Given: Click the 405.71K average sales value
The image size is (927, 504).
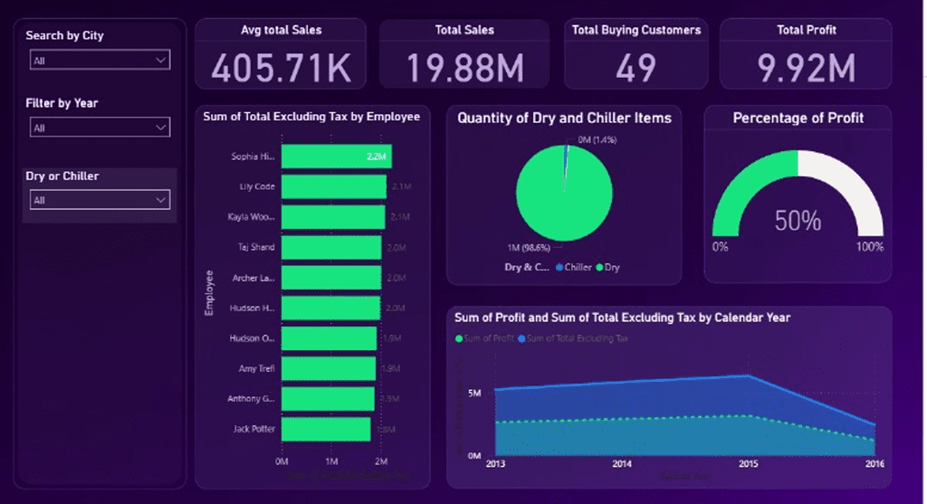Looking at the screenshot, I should pos(280,68).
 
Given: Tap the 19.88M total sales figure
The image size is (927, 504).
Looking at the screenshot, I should pos(463,68).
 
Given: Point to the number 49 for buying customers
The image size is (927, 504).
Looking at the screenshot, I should pos(636,68).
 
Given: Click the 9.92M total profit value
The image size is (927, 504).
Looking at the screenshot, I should pos(806,68).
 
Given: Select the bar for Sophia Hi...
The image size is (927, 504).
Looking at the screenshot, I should pos(336,157).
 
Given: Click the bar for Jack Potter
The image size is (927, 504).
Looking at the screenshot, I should pos(326,429).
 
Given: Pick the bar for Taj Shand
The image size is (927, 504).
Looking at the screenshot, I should pos(331,247).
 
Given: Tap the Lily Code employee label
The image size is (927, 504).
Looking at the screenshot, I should pos(257,187).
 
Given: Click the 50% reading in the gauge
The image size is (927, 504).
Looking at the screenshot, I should pos(798,221).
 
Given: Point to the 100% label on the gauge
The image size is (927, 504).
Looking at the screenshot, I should pos(869,247).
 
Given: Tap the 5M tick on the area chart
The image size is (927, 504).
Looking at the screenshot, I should pos(474,393).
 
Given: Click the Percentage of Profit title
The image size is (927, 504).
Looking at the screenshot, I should pos(798,118).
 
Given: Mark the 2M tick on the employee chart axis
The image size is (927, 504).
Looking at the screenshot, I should pos(381,461).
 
